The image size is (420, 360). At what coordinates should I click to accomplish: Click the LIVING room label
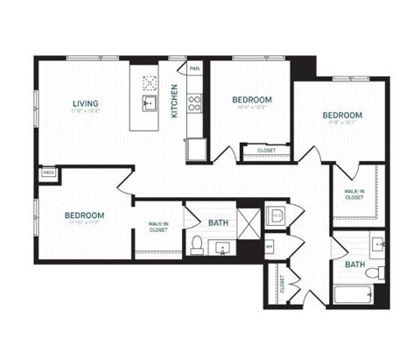[x=85, y=105]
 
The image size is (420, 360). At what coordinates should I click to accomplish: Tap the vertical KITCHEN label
[x=175, y=102]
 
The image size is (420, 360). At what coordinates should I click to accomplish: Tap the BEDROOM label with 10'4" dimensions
[x=252, y=101]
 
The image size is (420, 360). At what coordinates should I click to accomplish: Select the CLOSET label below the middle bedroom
[x=267, y=151]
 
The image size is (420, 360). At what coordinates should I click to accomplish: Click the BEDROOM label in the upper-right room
[x=341, y=116]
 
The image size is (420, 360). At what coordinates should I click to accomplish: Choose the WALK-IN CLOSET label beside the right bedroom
[x=354, y=194]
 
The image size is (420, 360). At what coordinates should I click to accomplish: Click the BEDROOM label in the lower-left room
[x=85, y=215]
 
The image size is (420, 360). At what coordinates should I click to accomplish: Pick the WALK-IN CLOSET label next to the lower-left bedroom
[x=157, y=232]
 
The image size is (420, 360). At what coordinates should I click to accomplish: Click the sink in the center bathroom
[x=222, y=249]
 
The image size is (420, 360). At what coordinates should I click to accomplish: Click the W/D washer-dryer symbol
[x=274, y=215]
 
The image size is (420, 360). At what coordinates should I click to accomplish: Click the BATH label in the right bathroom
[x=353, y=264]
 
